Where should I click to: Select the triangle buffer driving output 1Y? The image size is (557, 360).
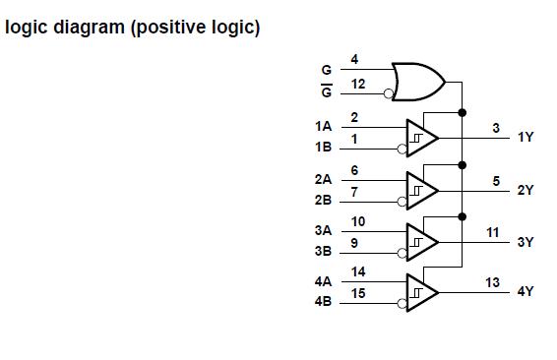421,138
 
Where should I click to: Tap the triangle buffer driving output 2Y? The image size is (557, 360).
421,189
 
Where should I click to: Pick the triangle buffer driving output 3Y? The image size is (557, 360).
421,241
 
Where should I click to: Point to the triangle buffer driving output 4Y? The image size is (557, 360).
421,292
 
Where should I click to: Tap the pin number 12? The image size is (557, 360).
358,85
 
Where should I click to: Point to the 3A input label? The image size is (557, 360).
323,231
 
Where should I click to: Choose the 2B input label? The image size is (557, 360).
323,200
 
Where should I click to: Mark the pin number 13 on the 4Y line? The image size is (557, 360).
492,282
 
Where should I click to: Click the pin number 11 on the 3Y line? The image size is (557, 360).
492,231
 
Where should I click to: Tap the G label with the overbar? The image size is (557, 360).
326,91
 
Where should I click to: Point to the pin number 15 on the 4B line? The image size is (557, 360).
358,293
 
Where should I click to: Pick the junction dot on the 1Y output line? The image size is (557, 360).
462,138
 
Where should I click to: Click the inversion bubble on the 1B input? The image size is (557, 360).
402,149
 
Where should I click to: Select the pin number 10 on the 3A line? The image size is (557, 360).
358,221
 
